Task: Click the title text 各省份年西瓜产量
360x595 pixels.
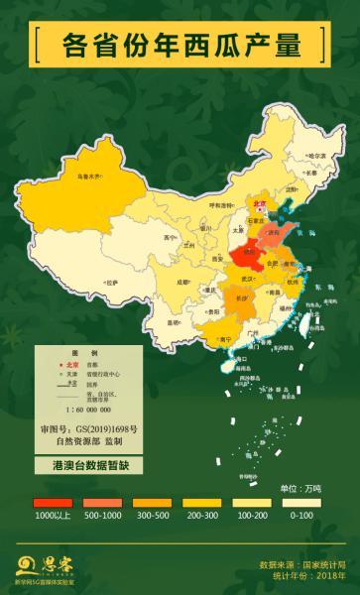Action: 180,45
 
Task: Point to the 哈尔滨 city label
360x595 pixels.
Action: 316,156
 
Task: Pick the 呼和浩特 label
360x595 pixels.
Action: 219,206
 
